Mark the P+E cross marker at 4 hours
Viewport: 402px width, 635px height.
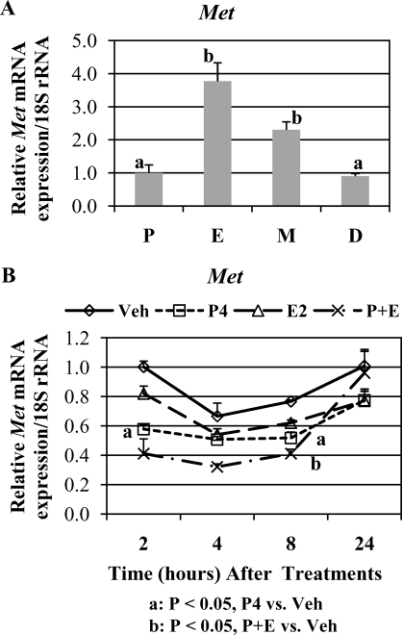pos(217,466)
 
